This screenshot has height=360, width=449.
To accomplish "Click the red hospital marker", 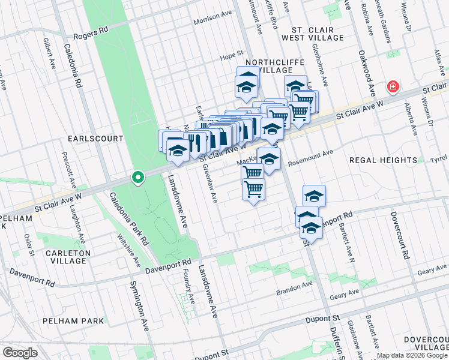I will click(x=393, y=87).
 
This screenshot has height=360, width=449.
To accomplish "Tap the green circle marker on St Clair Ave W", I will click(x=137, y=178).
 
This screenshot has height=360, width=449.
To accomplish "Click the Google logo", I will click(x=20, y=353).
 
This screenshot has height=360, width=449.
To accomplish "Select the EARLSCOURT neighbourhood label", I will click(x=95, y=139).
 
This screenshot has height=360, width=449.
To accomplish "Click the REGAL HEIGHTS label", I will click(x=382, y=160).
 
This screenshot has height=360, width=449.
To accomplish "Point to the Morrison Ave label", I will click(x=212, y=21).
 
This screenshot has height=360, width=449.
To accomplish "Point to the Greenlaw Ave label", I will click(x=210, y=184).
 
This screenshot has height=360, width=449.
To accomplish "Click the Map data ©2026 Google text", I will click(x=412, y=355).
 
